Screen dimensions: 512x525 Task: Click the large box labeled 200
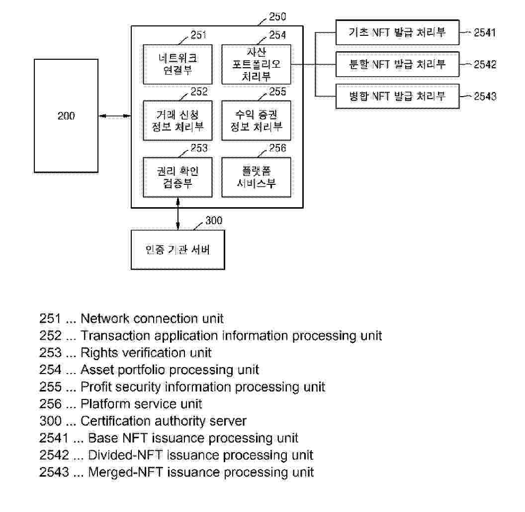point(66,116)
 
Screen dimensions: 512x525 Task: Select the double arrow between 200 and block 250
point(114,116)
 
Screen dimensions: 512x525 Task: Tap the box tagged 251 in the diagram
point(177,64)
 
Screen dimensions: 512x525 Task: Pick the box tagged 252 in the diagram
point(177,121)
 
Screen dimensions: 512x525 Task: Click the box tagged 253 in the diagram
point(177,177)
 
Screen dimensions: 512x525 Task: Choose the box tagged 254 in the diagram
point(256,64)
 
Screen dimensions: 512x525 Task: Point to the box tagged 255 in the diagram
point(256,121)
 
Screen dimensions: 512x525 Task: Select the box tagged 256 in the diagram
point(256,177)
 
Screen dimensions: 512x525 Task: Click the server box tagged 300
point(177,250)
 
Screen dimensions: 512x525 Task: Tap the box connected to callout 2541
point(397,33)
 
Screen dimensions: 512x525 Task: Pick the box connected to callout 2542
point(397,64)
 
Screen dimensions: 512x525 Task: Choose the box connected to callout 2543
point(397,96)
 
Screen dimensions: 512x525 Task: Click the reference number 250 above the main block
point(277,17)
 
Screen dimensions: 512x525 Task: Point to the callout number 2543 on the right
point(485,97)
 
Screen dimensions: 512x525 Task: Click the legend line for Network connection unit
point(132,319)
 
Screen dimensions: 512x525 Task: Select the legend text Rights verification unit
point(146,353)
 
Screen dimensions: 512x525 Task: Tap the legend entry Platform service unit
point(141,404)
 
